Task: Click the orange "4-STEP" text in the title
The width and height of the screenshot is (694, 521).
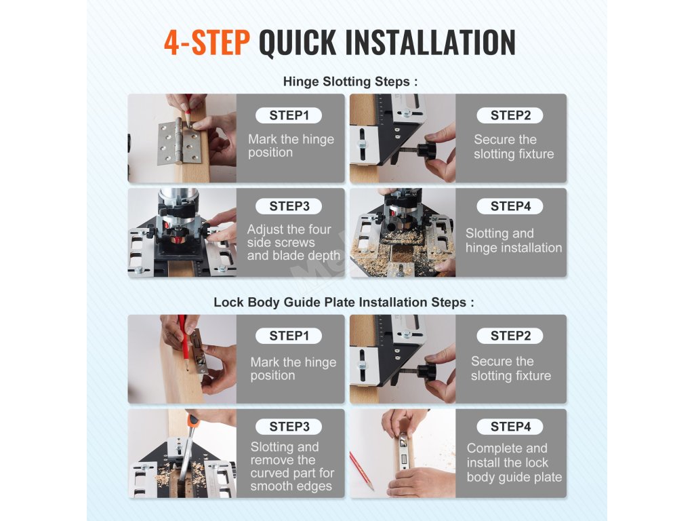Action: click(x=207, y=43)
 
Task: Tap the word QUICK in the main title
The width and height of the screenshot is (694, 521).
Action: click(x=298, y=43)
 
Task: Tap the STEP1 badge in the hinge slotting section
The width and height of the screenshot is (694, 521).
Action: click(x=289, y=115)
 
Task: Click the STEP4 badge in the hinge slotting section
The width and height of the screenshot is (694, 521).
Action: click(x=510, y=206)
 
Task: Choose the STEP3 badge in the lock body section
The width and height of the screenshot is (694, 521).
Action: click(x=289, y=426)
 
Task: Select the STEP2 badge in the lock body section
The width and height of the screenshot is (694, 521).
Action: click(x=510, y=336)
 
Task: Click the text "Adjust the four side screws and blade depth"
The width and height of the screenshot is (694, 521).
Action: click(x=293, y=242)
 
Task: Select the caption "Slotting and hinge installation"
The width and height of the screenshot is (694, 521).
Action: click(x=514, y=241)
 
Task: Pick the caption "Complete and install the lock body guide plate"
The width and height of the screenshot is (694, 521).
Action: click(x=514, y=463)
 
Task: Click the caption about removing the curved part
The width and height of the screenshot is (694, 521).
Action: click(x=292, y=466)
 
